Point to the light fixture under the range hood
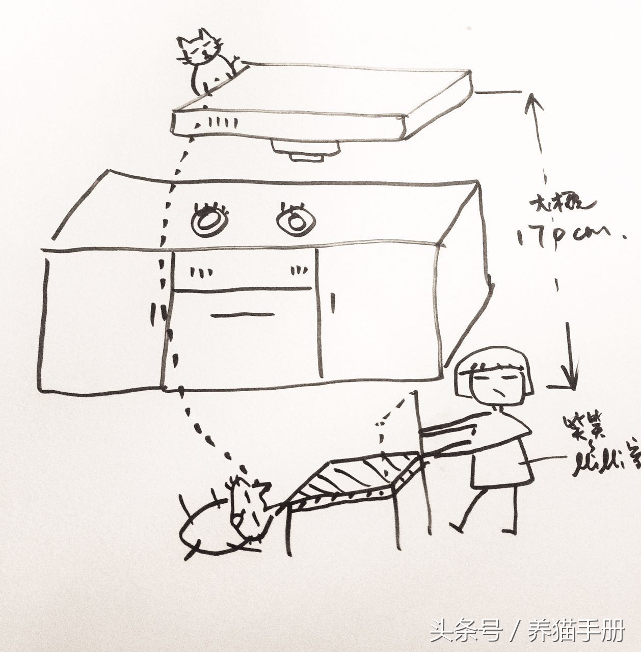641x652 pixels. (x=305, y=149)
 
